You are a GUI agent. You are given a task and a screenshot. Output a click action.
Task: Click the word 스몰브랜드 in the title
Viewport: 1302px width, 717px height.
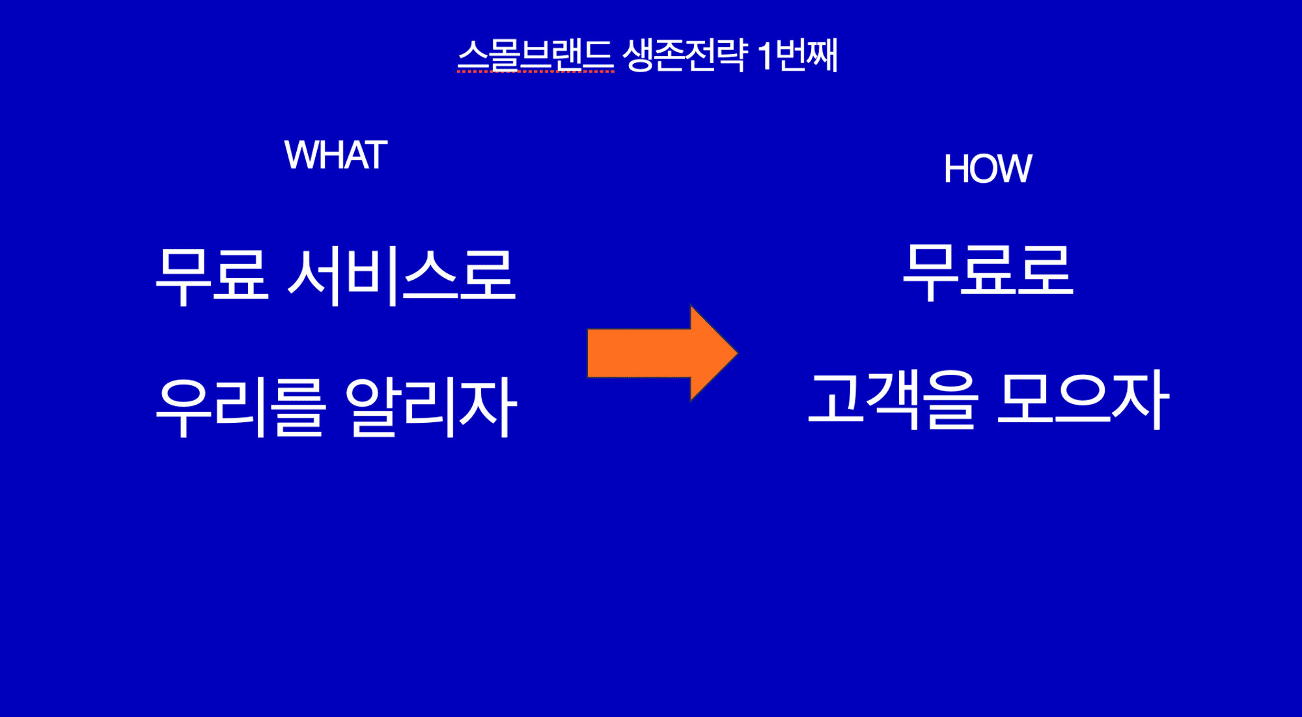point(535,55)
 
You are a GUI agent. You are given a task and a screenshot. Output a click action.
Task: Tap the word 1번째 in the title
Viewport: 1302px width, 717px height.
point(798,55)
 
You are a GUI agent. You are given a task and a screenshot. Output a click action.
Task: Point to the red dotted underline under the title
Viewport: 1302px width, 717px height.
point(535,72)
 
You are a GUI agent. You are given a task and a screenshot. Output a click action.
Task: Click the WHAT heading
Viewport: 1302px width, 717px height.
point(335,156)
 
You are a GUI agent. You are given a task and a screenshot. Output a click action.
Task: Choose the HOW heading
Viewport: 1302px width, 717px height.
point(987,169)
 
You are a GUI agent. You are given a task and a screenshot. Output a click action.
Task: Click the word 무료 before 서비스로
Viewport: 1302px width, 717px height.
point(212,275)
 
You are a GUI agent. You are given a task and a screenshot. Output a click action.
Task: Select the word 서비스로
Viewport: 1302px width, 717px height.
point(401,275)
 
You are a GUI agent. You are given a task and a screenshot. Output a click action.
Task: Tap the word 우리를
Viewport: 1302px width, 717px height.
point(240,407)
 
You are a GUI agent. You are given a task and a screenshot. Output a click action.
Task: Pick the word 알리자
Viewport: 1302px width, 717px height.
point(430,407)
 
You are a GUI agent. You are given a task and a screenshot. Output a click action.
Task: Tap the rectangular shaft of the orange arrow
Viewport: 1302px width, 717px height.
point(638,353)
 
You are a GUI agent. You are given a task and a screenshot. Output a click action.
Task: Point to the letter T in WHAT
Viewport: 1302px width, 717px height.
point(376,156)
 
